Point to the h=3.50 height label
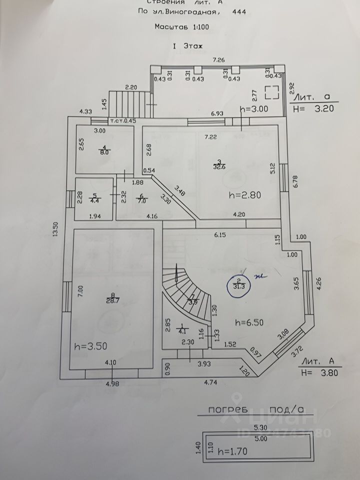click(90, 345)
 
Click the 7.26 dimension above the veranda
click(218, 60)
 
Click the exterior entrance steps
click(128, 104)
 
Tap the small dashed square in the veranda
click(272, 92)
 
